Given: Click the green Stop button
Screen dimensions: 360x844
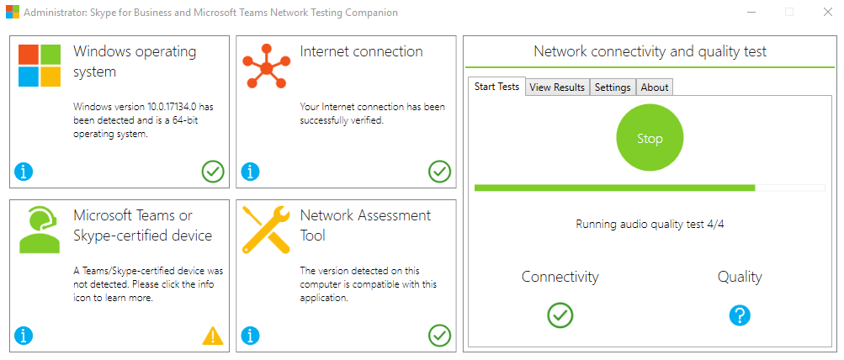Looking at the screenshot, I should click(x=650, y=139).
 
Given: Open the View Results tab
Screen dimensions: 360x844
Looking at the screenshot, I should click(x=556, y=87).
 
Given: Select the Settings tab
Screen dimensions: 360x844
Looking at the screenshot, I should click(x=612, y=87).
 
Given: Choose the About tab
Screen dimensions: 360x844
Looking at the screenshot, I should click(x=654, y=87).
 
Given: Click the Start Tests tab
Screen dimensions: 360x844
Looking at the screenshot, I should click(x=496, y=87).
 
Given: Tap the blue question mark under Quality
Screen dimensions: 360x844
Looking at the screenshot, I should click(x=740, y=315).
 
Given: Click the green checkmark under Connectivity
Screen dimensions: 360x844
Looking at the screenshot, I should click(x=560, y=315).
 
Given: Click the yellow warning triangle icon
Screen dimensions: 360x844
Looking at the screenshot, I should click(x=213, y=336).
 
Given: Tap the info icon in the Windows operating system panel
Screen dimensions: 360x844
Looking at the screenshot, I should click(x=24, y=172).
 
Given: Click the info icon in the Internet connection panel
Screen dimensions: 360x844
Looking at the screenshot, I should click(x=251, y=172).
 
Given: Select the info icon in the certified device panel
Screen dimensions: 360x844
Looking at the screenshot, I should click(x=24, y=336).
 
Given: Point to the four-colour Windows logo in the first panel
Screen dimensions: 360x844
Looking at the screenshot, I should click(x=40, y=66).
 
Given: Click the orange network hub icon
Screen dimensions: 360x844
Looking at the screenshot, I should click(x=265, y=66).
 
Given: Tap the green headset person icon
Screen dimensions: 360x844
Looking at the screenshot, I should click(x=40, y=230).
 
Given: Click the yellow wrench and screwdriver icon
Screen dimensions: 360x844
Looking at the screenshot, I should click(x=265, y=230).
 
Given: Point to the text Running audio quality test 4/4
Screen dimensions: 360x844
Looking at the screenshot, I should click(x=650, y=225).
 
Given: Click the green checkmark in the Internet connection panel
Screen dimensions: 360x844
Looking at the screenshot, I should click(x=439, y=172).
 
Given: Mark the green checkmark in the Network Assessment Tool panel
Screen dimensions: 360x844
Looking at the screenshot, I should click(x=439, y=336).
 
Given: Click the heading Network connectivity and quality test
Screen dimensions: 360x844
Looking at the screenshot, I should click(x=650, y=51).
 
